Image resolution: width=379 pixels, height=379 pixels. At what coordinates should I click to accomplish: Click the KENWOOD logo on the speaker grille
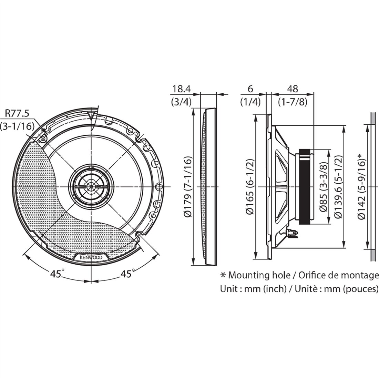coord(91,257)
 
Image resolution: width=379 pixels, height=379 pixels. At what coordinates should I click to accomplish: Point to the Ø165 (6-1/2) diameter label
coord(250,187)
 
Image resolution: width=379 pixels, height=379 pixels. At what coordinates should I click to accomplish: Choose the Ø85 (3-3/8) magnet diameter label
coord(324,187)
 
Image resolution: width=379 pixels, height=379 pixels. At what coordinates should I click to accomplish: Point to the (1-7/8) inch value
coord(293,102)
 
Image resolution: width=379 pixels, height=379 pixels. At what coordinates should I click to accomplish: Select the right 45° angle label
coord(126,274)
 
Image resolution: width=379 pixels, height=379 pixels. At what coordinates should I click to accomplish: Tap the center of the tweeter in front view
coord(91,186)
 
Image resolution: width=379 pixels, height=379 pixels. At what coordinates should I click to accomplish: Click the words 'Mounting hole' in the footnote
coord(259,275)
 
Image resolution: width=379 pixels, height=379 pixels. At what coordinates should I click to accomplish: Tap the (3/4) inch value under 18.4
coord(181,102)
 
